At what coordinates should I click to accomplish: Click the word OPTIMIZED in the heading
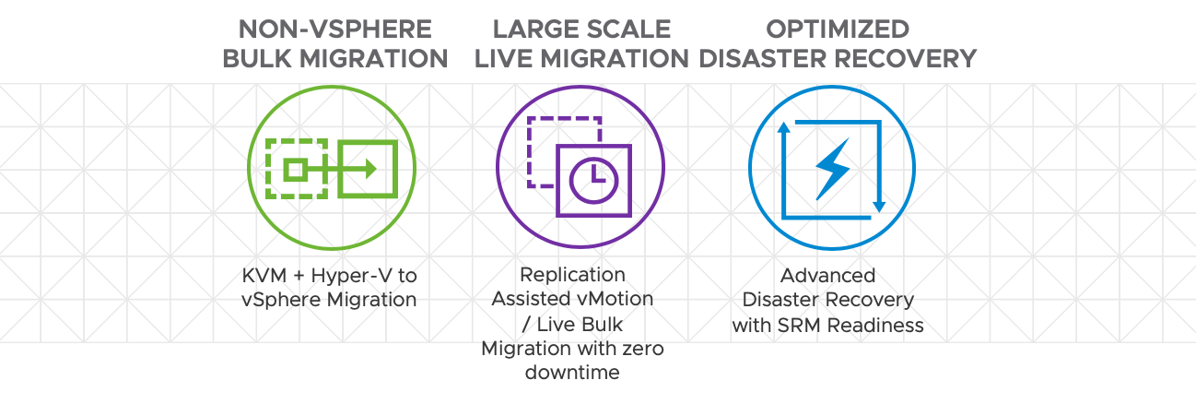pos(837,29)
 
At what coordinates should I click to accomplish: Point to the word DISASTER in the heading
pos(763,59)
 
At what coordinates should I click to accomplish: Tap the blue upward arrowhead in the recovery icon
pos(783,129)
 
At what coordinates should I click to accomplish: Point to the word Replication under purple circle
pos(572,275)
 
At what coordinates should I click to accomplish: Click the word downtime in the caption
pos(572,373)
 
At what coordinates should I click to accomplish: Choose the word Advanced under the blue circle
pos(827,275)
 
